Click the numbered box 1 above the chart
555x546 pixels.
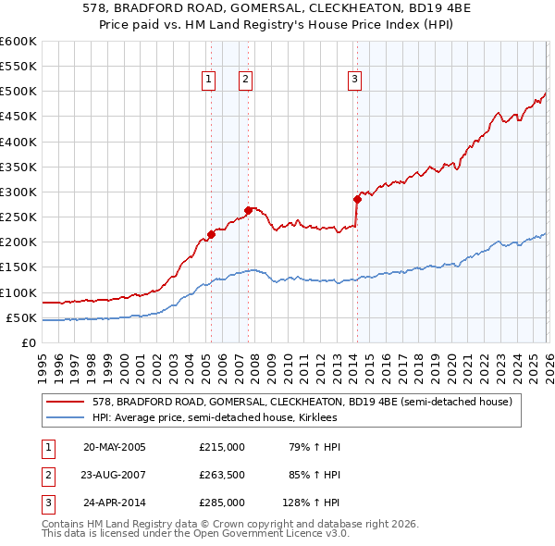coord(208,81)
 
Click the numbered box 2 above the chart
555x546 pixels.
coord(245,81)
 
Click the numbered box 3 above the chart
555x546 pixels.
coord(354,81)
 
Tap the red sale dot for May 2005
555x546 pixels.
coord(211,234)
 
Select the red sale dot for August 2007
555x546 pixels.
coord(248,210)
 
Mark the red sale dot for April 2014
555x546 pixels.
coord(357,199)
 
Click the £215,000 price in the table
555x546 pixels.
coord(222,447)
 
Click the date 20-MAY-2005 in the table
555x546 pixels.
coord(115,447)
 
